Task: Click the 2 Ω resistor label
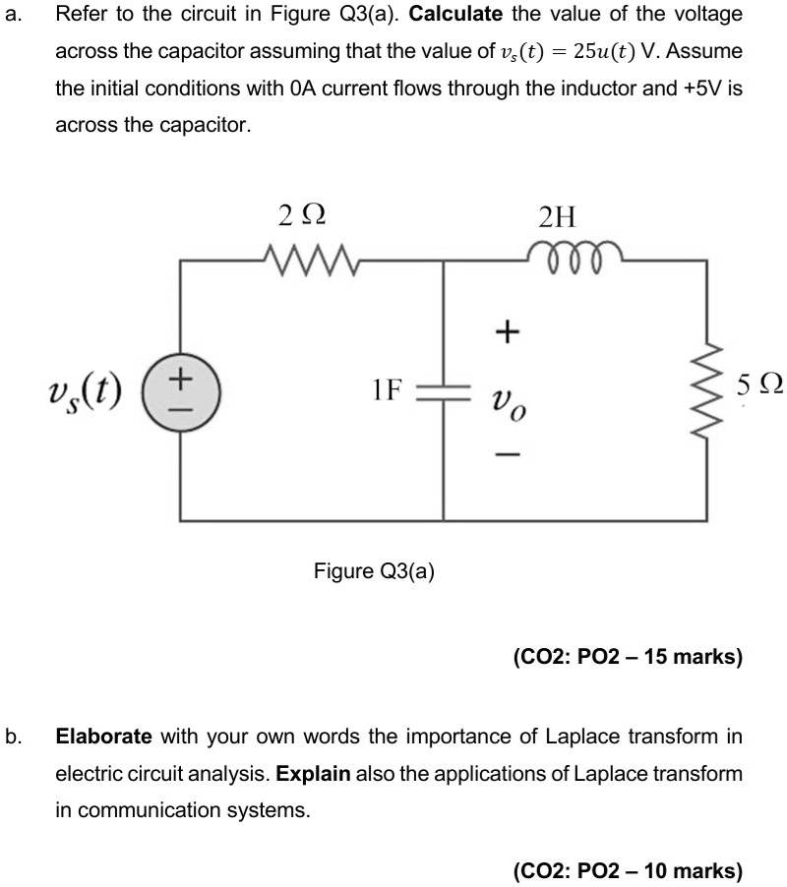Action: point(301,213)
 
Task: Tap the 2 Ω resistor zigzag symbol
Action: point(304,260)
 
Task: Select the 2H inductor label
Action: point(561,215)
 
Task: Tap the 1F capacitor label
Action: point(388,388)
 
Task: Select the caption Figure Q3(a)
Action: point(374,570)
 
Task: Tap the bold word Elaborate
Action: point(103,737)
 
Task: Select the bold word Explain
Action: point(314,773)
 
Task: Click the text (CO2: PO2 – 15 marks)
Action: point(628,655)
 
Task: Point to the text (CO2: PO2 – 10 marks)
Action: point(628,870)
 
